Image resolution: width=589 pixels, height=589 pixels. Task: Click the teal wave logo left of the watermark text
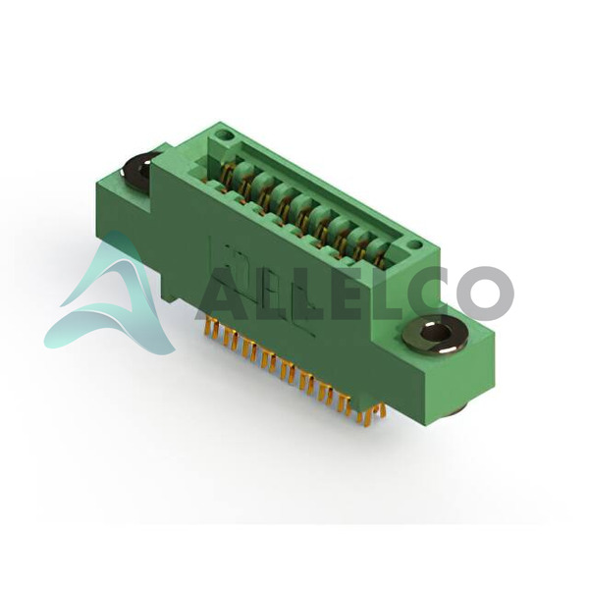coord(113,296)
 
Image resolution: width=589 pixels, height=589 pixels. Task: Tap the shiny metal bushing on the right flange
coord(435,333)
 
